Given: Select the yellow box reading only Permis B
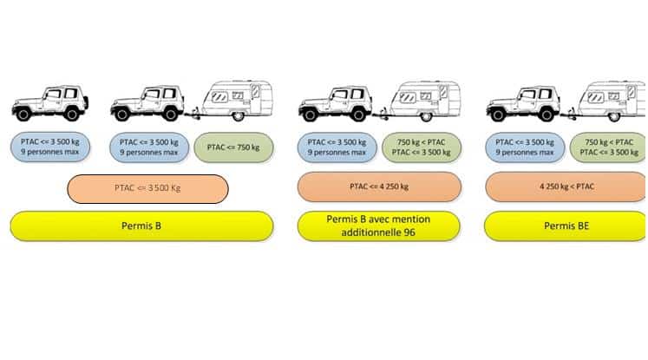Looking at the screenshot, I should click(x=141, y=226).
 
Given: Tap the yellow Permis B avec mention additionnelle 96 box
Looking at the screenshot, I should click(x=378, y=226).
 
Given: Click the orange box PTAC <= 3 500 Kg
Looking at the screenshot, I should click(x=147, y=188).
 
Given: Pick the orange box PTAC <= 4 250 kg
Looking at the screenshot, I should click(x=378, y=187).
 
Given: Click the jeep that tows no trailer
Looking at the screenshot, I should click(x=49, y=102).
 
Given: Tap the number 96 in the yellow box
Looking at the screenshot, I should click(x=408, y=234).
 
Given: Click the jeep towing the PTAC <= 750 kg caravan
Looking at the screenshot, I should click(x=148, y=102).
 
